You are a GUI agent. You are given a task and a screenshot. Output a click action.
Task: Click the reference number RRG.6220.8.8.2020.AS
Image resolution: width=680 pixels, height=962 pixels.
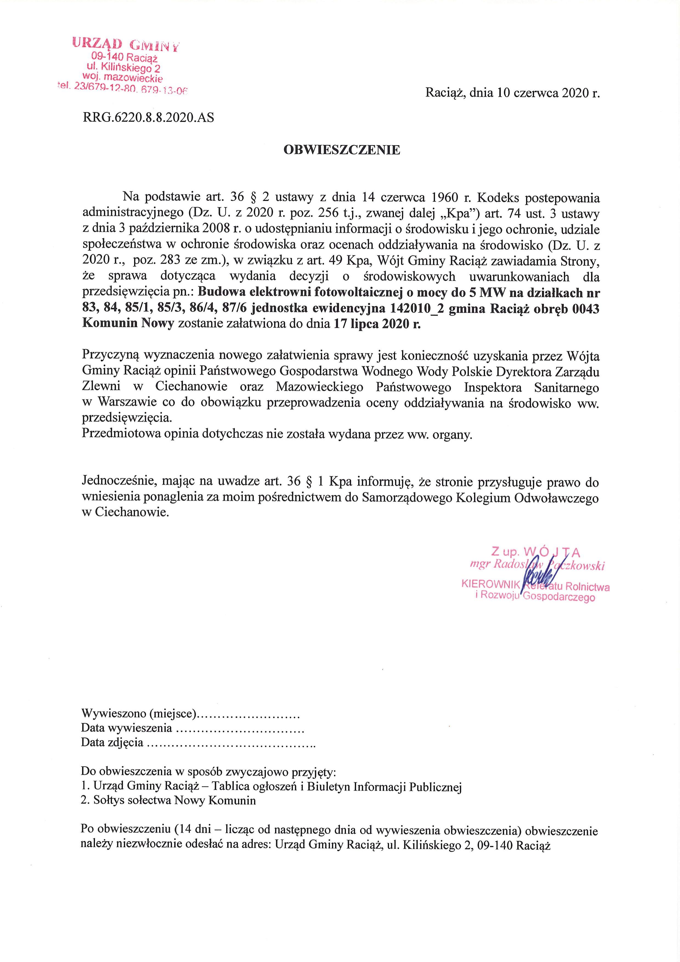pos(148,118)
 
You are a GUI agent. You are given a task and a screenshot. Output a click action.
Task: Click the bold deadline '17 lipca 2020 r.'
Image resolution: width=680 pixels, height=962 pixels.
pos(377,324)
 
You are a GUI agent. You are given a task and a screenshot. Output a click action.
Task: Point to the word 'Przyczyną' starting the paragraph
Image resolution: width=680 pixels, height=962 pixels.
pos(110,356)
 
